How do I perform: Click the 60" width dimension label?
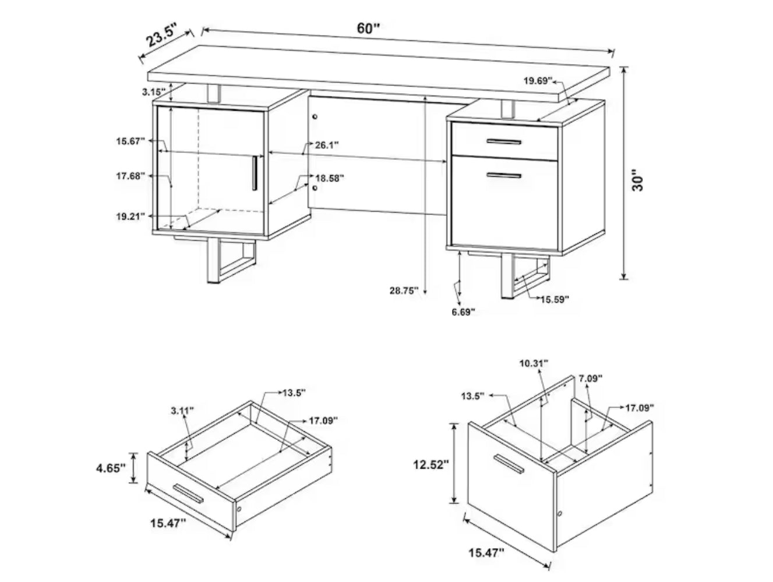368,28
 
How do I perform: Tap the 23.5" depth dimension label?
163,35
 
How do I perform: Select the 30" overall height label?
638,180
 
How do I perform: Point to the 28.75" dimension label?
404,290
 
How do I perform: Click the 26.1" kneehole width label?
327,145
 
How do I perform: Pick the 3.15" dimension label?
154,92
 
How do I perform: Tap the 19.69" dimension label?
538,81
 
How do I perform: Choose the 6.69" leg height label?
464,312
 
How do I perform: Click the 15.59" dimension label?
555,300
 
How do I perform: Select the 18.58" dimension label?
329,178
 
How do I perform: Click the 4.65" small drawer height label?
111,469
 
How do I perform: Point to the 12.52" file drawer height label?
431,464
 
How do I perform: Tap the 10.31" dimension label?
534,363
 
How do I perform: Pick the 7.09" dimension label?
591,378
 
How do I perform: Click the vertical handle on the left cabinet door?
255,173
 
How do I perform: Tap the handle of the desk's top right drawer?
504,142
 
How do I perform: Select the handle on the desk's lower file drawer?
504,175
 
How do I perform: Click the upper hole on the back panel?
315,116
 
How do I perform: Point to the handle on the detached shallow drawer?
188,494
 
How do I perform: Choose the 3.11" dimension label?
182,410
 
